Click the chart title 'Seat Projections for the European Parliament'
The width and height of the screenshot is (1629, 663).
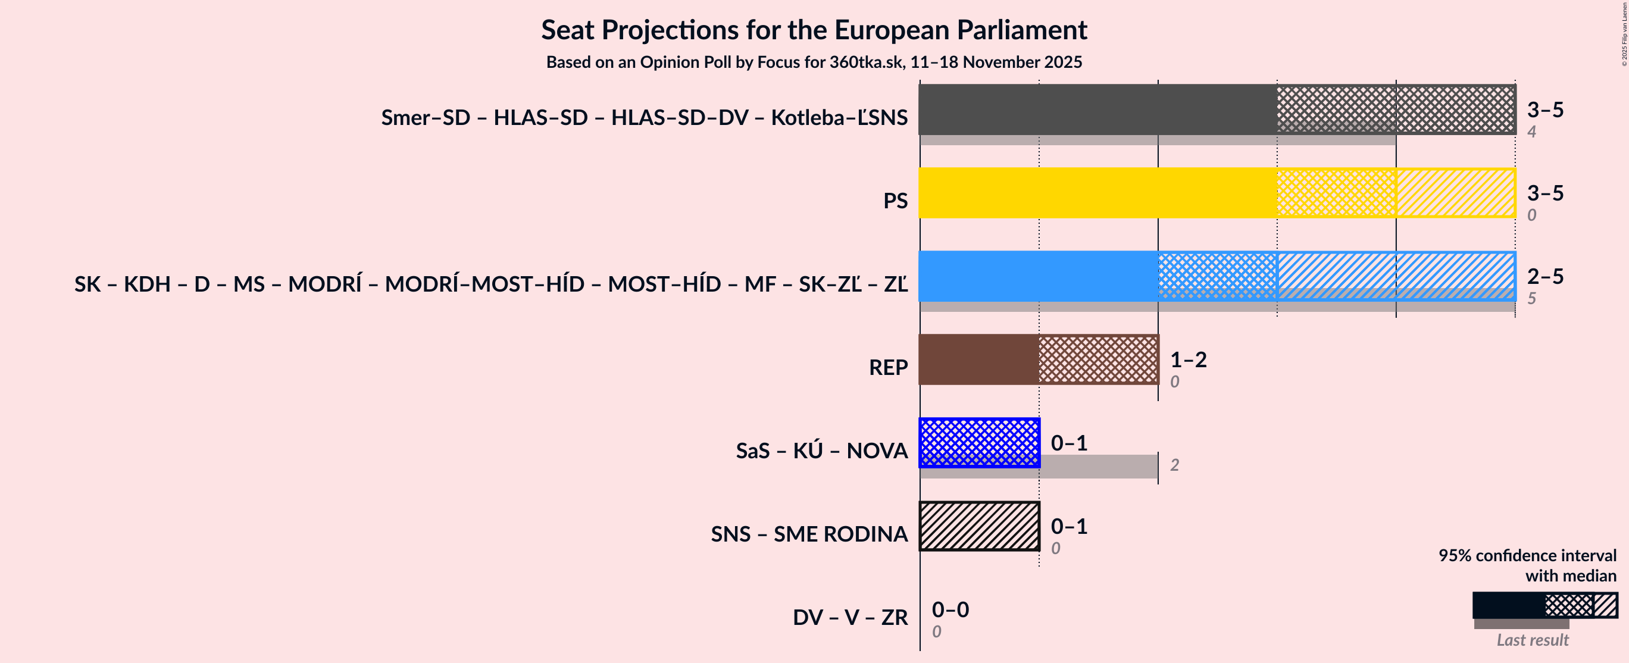coord(814,30)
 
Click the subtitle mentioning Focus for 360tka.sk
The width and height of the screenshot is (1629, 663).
coord(814,62)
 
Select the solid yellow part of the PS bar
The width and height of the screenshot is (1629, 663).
coord(1097,193)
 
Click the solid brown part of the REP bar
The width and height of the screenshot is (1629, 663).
coord(978,359)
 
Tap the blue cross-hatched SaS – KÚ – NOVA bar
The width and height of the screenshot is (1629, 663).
coord(979,443)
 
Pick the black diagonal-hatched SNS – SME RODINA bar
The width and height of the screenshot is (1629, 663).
coord(979,526)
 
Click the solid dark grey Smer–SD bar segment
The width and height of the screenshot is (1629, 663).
coord(1097,109)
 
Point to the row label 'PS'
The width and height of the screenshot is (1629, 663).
coord(895,201)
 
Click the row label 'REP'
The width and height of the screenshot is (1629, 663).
coord(888,368)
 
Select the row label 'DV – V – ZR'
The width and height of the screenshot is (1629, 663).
coord(850,617)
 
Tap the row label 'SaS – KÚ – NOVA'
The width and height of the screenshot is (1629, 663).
coord(821,451)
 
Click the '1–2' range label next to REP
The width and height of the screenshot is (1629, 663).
coord(1188,359)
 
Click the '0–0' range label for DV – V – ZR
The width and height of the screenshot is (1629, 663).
coord(950,609)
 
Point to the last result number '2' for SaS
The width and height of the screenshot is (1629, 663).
coord(1174,465)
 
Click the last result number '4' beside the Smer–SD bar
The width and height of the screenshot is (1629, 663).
coord(1531,132)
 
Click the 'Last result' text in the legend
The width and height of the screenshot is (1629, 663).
coord(1531,640)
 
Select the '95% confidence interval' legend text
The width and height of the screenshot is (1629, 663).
coord(1527,555)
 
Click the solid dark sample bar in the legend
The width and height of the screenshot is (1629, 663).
coord(1508,605)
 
